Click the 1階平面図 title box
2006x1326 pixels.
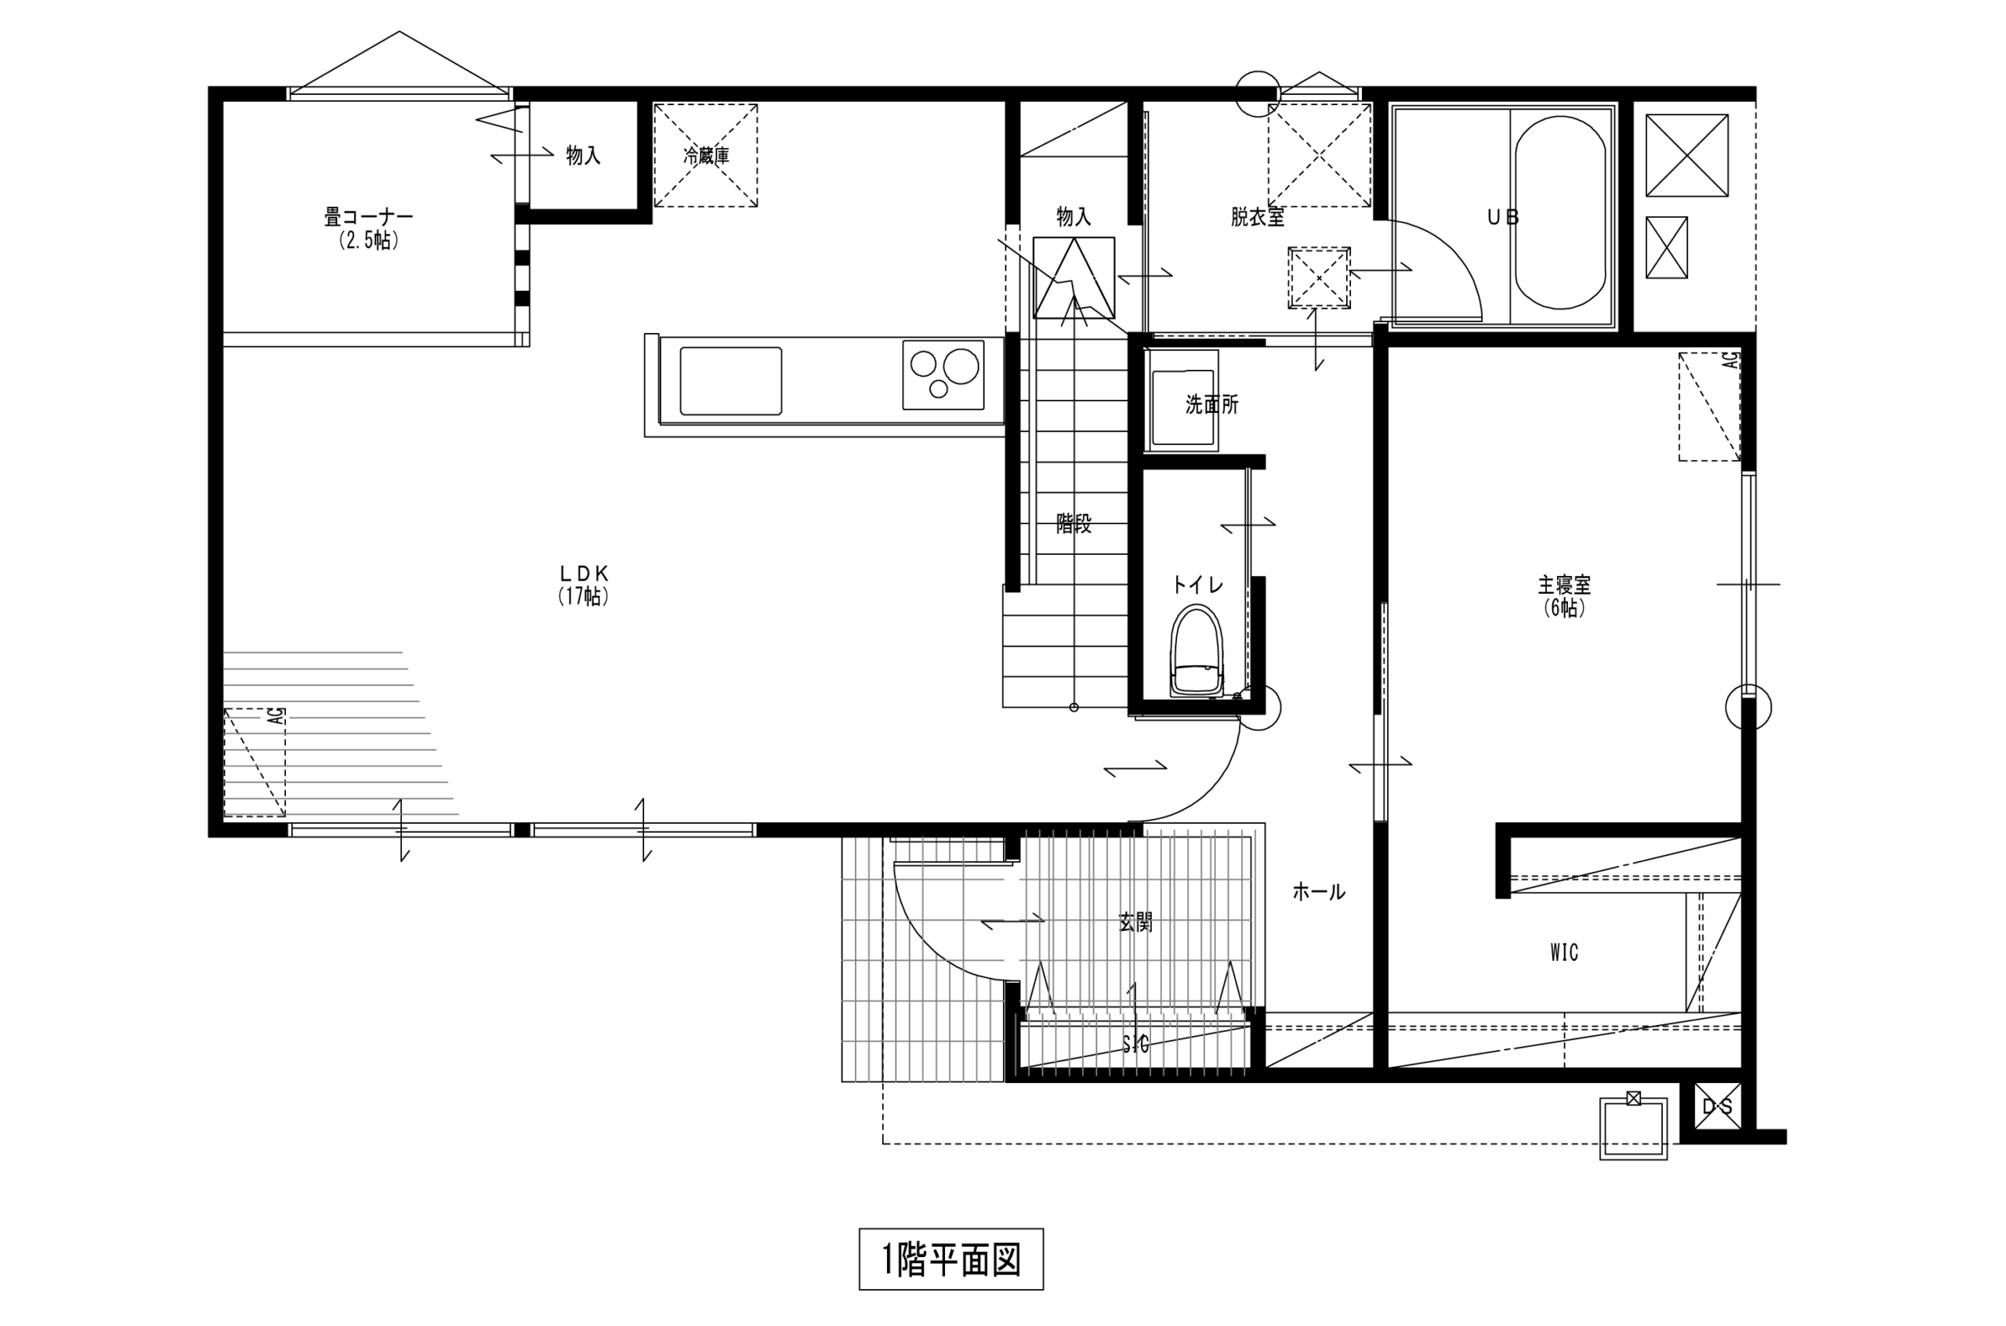(x=950, y=1259)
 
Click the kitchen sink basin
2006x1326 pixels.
(x=730, y=381)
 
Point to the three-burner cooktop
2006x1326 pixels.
(x=943, y=375)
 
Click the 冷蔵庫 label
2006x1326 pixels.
(x=706, y=156)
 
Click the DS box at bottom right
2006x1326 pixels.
(x=1717, y=1106)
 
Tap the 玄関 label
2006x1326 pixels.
(x=1135, y=922)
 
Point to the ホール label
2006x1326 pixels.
(x=1318, y=891)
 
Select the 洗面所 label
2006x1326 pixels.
(x=1211, y=404)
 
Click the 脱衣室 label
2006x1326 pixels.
(x=1257, y=217)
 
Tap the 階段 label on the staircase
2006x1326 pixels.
(x=1074, y=524)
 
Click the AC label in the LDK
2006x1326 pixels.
(x=277, y=716)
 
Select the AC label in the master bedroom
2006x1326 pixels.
(x=1730, y=360)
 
